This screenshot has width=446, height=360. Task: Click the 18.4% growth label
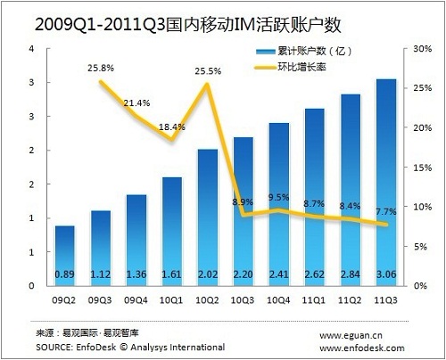(172, 127)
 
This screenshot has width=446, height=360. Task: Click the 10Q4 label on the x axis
(278, 300)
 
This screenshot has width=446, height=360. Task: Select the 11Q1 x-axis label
(314, 300)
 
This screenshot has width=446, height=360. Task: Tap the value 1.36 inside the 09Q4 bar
(136, 274)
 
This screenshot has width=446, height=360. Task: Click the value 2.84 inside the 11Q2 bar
(351, 274)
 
